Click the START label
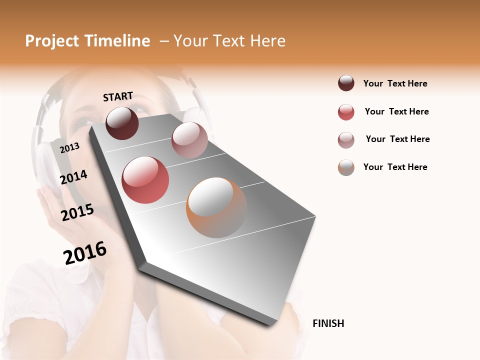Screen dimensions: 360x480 click(118, 96)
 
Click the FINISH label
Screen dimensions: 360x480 click(328, 323)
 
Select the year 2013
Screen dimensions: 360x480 click(69, 147)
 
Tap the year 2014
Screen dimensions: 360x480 click(73, 177)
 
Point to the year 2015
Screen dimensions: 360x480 click(77, 212)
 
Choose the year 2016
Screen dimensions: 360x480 click(85, 252)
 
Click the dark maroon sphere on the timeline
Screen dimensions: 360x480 click(122, 123)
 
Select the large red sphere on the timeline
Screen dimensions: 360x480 click(145, 180)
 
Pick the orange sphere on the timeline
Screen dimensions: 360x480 click(216, 207)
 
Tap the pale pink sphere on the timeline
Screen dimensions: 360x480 click(189, 140)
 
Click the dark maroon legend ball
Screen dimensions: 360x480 click(346, 83)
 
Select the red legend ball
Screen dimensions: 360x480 click(346, 112)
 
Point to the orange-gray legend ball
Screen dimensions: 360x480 click(346, 167)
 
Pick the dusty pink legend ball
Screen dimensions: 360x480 click(346, 140)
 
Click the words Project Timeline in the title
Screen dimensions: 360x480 click(87, 41)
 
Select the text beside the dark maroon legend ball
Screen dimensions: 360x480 click(395, 83)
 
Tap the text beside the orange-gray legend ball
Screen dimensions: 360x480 click(395, 167)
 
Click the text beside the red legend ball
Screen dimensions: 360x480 click(396, 111)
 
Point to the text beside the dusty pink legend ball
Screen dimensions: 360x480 click(397, 139)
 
